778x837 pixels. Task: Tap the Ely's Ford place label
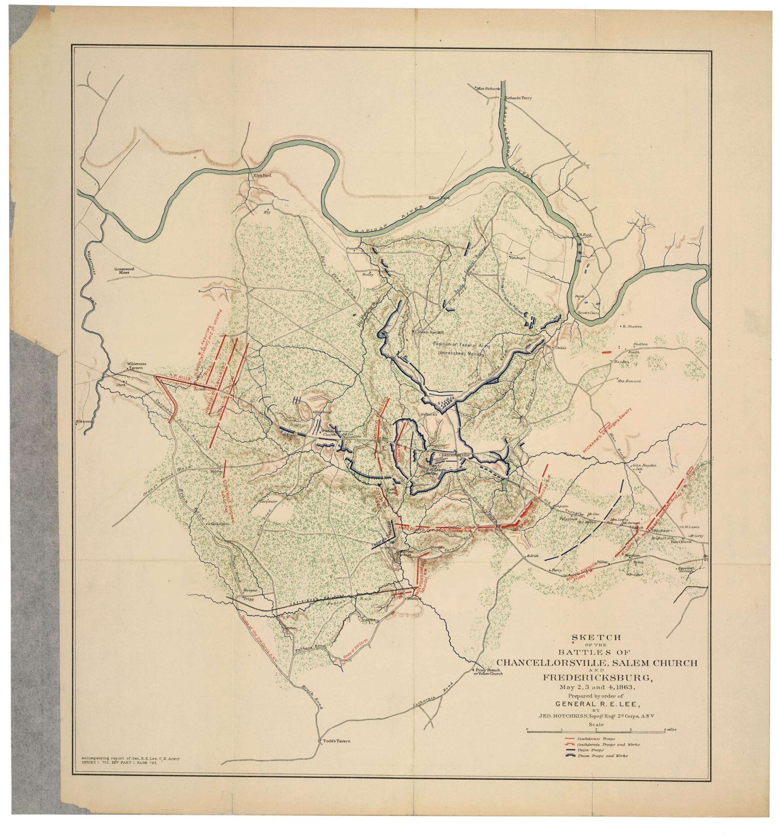click(x=261, y=175)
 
